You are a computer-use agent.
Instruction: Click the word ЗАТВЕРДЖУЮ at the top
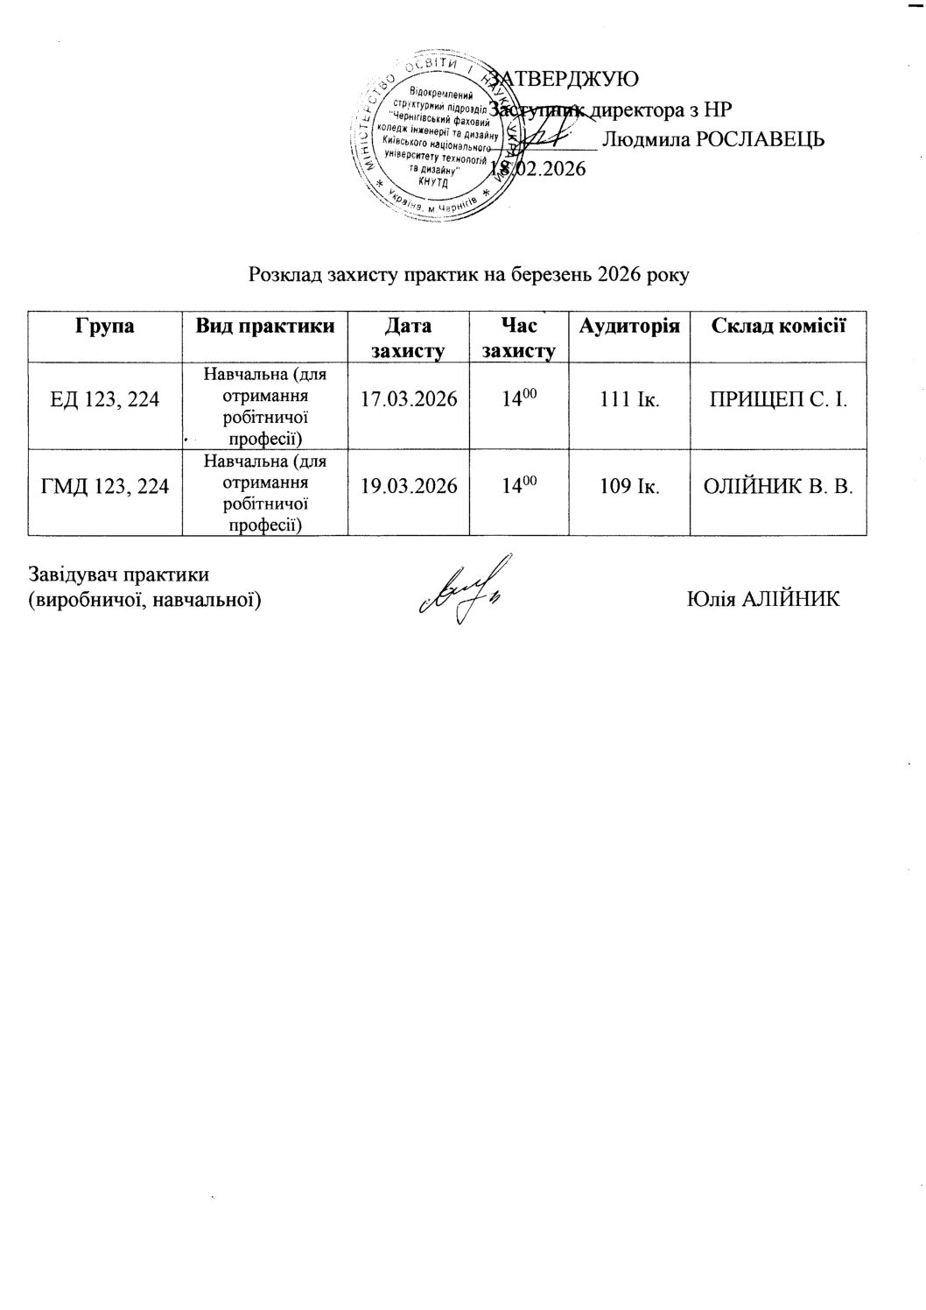(x=564, y=78)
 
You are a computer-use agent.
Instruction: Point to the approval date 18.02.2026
(x=537, y=170)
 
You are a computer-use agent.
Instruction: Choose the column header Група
(x=105, y=326)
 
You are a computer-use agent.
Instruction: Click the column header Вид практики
(x=265, y=326)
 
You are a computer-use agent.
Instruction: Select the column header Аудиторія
(x=629, y=326)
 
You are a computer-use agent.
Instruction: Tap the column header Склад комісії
(x=778, y=326)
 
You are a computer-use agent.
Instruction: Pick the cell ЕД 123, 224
(x=105, y=399)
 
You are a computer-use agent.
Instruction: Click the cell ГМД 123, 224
(x=105, y=486)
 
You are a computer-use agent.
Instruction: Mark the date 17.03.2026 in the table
(x=409, y=399)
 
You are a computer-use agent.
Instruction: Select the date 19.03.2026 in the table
(x=409, y=486)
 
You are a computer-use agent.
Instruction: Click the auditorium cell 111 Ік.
(x=629, y=399)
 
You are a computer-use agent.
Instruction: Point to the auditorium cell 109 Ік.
(x=629, y=486)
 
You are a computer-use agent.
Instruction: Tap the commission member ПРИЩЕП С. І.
(x=778, y=399)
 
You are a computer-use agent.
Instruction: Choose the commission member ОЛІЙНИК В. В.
(x=778, y=486)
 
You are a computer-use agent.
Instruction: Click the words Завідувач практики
(x=119, y=575)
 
